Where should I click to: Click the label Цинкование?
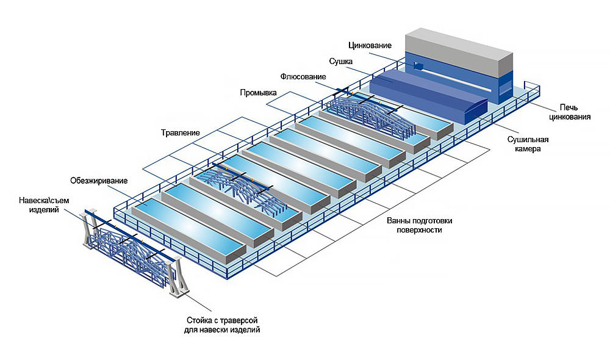click(370, 45)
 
